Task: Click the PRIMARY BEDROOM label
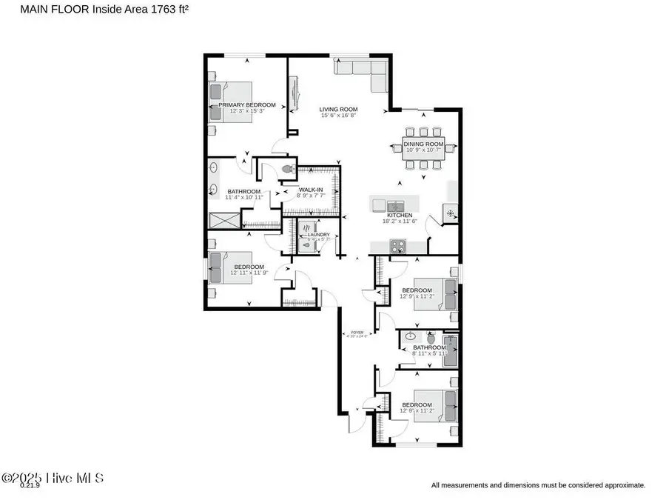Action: click(x=246, y=105)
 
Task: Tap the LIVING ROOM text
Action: click(x=338, y=108)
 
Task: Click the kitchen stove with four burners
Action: click(x=397, y=247)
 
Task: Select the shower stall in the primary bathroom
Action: click(x=223, y=221)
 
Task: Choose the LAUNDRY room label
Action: click(x=309, y=235)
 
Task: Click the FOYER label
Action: click(x=357, y=333)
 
